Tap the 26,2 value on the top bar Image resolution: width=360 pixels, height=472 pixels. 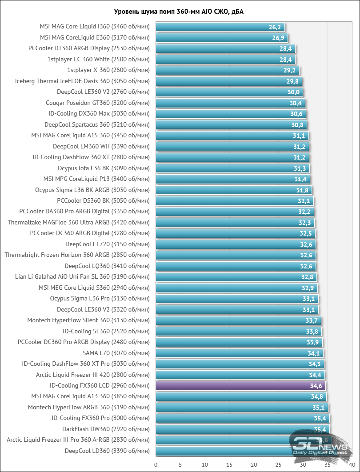point(275,27)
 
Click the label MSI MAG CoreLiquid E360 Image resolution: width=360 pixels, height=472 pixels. point(95,38)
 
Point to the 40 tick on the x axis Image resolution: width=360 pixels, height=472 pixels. point(352,464)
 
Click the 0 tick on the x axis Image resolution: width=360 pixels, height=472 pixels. point(156,464)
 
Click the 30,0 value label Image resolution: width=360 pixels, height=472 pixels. point(294,92)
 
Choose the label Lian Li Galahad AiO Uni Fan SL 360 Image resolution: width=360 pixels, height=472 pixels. point(82,277)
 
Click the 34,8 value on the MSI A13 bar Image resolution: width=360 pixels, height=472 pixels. point(317,396)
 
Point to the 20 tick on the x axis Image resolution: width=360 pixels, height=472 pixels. point(254,464)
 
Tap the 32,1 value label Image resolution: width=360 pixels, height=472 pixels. point(304,201)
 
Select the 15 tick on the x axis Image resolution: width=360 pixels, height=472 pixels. point(229,464)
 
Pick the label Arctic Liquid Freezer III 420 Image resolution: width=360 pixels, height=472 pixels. point(93,375)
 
